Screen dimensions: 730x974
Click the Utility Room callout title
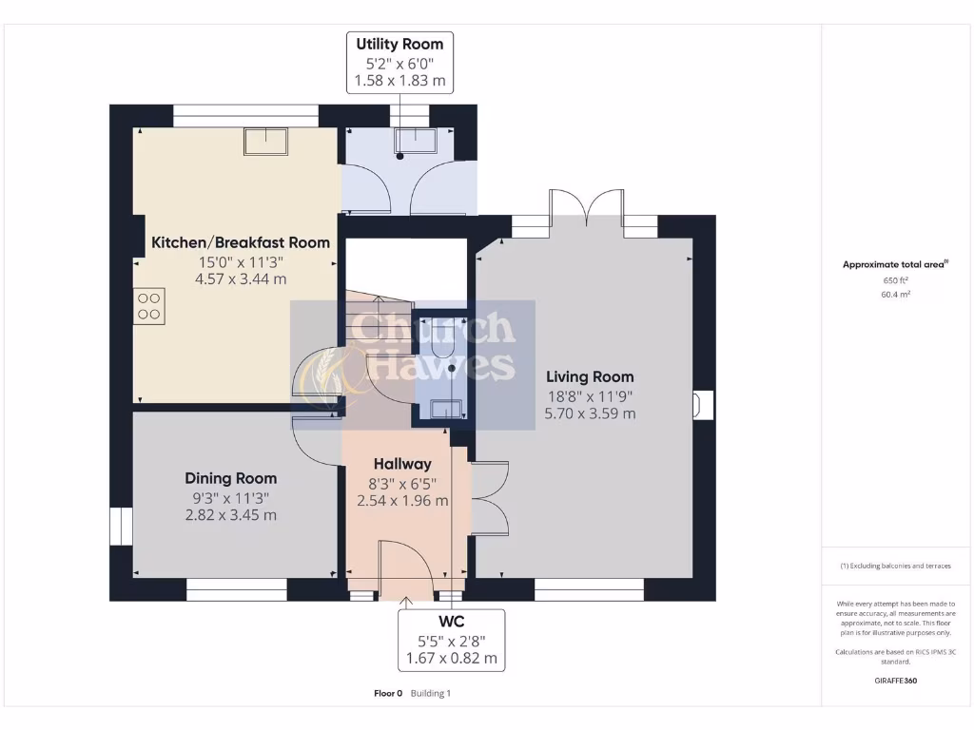click(399, 44)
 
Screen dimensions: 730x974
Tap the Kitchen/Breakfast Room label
click(241, 242)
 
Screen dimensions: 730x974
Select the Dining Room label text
click(230, 478)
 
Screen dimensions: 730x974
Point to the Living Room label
click(590, 376)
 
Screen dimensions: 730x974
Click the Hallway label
click(402, 464)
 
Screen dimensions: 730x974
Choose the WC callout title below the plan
click(452, 621)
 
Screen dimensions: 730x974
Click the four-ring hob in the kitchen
click(148, 305)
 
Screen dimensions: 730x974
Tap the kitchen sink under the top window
click(267, 141)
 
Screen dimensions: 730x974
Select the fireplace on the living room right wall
click(701, 405)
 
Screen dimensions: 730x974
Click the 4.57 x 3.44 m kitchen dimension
click(241, 279)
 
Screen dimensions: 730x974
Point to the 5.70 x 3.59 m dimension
click(590, 413)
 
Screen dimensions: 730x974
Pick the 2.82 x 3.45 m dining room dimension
click(230, 515)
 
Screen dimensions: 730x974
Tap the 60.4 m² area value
click(895, 295)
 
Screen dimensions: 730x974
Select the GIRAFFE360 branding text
click(895, 681)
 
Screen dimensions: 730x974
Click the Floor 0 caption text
click(388, 693)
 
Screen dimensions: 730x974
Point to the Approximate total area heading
click(894, 265)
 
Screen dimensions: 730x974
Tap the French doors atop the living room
click(586, 203)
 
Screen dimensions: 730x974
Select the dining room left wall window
click(121, 527)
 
